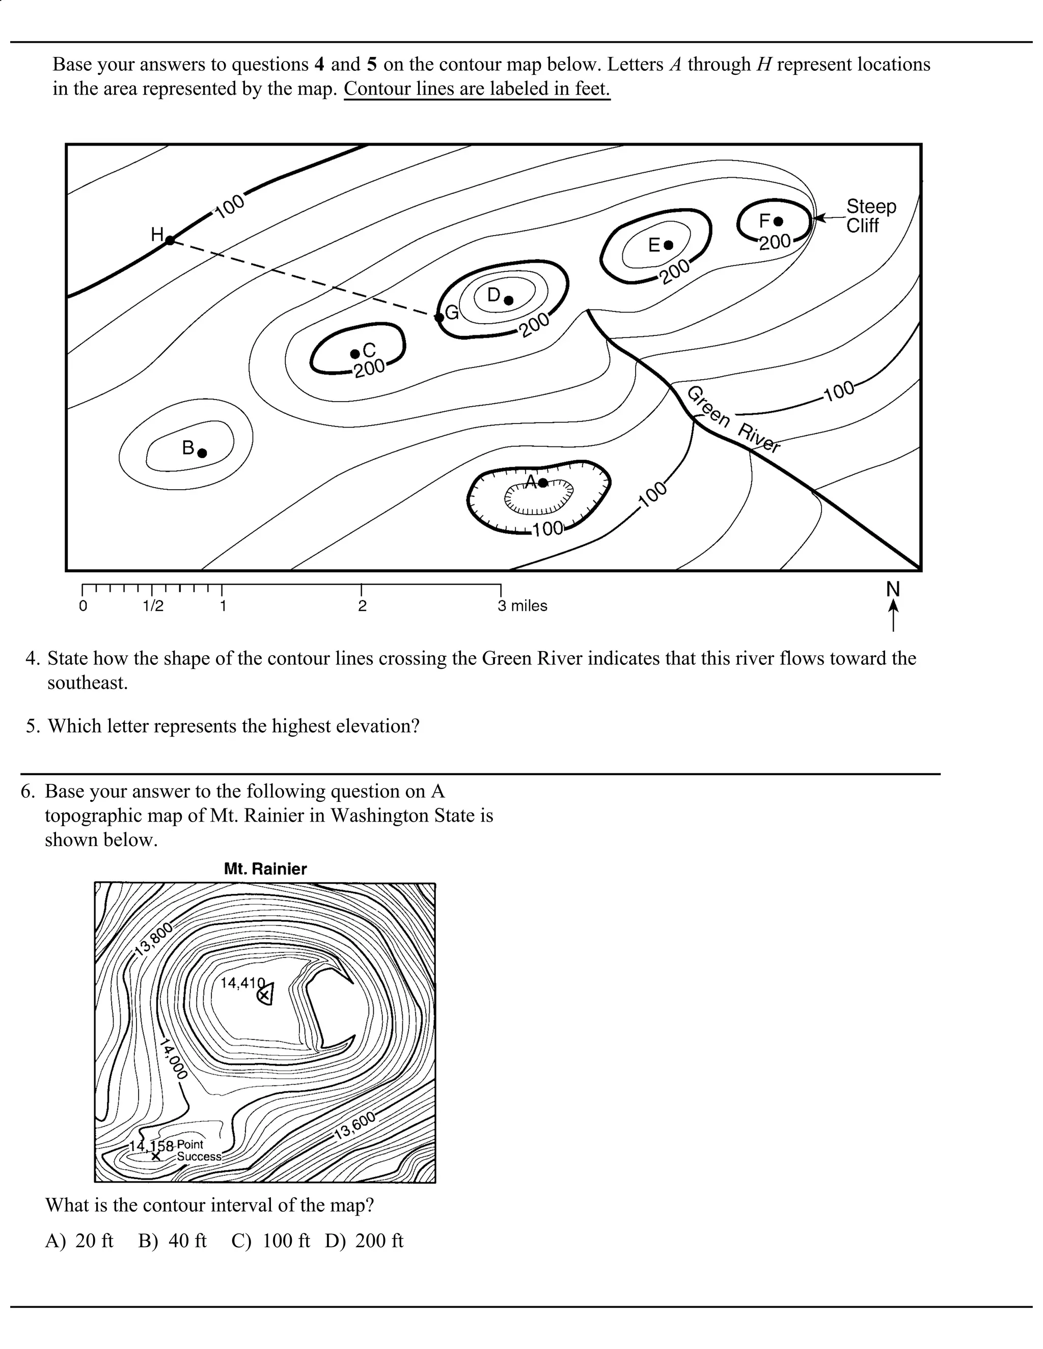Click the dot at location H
(171, 240)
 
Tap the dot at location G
(438, 318)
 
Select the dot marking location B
(202, 453)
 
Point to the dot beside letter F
(779, 221)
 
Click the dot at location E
(668, 245)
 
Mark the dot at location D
(509, 300)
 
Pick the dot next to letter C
(354, 353)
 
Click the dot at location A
(542, 483)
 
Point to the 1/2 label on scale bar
(153, 606)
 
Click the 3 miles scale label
(522, 606)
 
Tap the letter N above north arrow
(893, 589)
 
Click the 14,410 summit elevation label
(242, 982)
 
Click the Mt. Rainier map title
(265, 869)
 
